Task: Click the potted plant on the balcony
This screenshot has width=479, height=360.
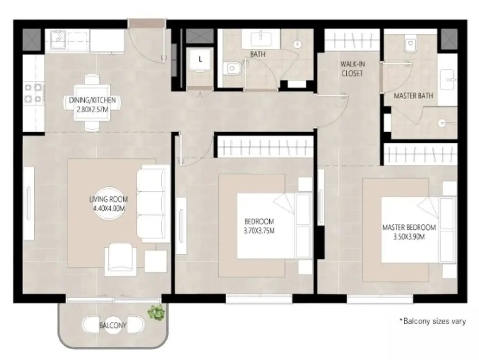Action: click(x=156, y=313)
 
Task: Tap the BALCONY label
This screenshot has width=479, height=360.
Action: click(x=113, y=325)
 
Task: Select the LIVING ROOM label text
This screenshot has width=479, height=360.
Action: click(x=109, y=199)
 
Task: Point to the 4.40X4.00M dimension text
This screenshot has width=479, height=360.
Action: click(x=109, y=209)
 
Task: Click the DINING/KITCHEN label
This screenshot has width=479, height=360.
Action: click(x=92, y=100)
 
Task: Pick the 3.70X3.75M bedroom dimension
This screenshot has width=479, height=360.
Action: click(x=259, y=231)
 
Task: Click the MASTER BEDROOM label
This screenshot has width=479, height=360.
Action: click(x=409, y=228)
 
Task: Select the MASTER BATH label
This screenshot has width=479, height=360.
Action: click(x=413, y=96)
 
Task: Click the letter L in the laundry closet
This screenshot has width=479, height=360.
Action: click(x=200, y=59)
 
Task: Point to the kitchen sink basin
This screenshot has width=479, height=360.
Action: click(x=58, y=40)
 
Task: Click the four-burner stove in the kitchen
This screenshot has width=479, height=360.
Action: click(x=33, y=93)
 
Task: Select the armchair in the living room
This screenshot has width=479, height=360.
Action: click(x=120, y=260)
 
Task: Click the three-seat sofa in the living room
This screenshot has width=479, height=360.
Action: click(x=153, y=204)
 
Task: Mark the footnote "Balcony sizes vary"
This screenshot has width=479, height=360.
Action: click(x=433, y=321)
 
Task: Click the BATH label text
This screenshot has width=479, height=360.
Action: click(x=258, y=54)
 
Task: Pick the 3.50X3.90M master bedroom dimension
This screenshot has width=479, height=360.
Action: click(x=409, y=237)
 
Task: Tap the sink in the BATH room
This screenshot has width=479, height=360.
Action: click(x=261, y=39)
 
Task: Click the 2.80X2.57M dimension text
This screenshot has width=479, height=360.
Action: click(x=92, y=109)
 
